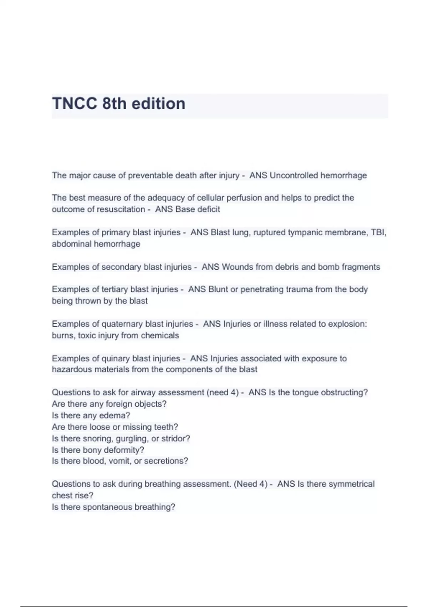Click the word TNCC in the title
point(75,104)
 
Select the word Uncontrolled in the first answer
point(294,175)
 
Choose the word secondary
point(121,267)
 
